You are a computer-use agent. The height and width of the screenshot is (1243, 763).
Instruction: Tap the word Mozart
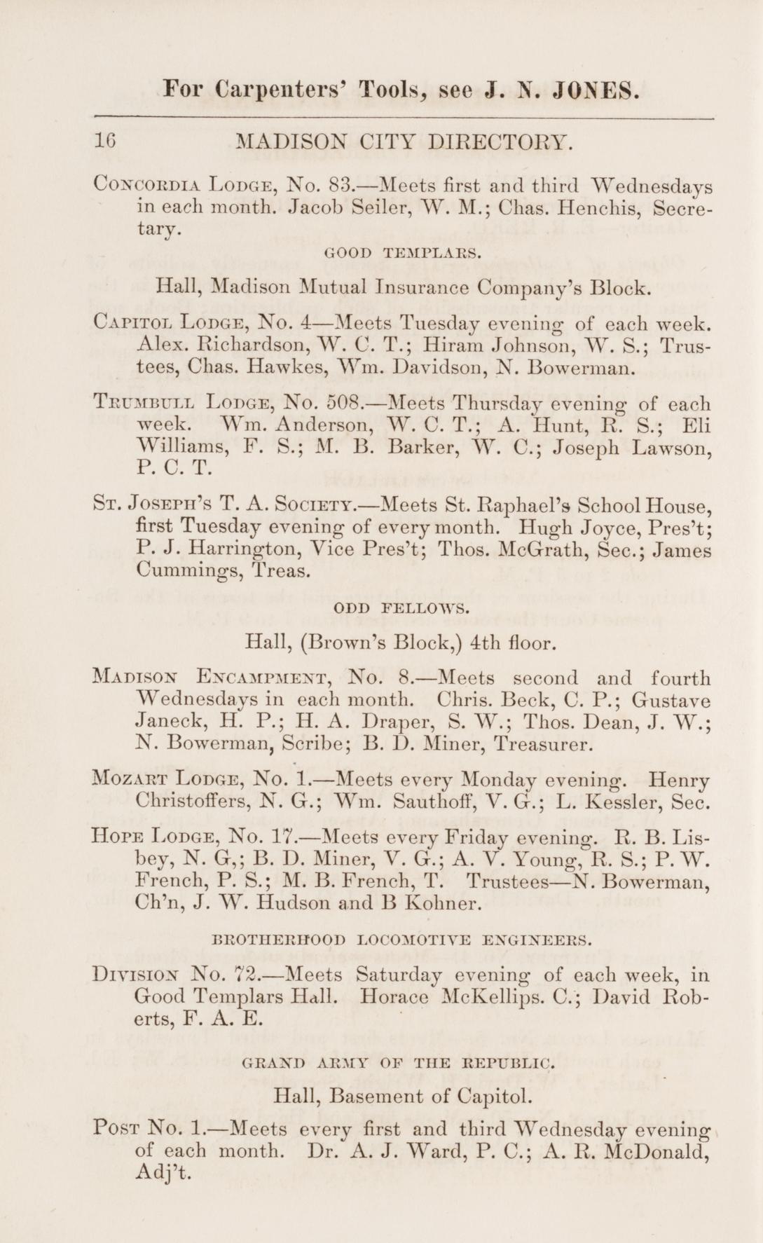tap(128, 778)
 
